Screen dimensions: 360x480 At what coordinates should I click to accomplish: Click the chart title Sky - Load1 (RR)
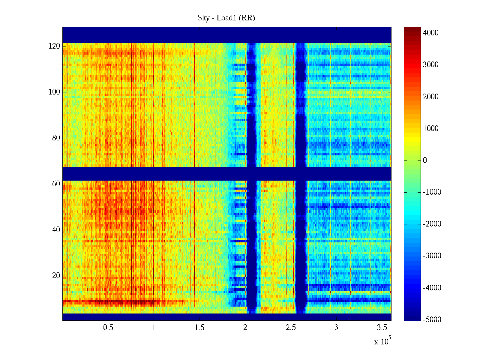pos(226,18)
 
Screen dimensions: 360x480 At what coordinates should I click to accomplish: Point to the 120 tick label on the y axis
pos(54,46)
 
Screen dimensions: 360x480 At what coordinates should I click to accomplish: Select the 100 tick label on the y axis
pos(54,92)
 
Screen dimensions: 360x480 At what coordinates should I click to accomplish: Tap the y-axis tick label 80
pos(56,138)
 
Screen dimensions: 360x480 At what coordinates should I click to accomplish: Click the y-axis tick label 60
pos(56,184)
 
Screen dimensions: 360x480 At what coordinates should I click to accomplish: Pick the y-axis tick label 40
pos(56,230)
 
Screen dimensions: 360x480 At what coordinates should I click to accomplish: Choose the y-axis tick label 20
pos(56,276)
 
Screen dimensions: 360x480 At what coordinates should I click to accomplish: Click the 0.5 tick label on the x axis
pos(108,327)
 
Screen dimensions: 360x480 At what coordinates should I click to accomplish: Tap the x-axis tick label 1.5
pos(199,327)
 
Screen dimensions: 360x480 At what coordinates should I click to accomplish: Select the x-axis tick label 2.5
pos(291,327)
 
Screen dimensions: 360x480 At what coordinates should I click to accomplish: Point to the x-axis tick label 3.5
pos(382,327)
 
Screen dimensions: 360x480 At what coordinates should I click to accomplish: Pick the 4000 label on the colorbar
pos(431,33)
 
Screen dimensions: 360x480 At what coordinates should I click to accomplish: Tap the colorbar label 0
pos(425,160)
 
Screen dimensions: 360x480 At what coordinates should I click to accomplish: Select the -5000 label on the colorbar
pos(432,320)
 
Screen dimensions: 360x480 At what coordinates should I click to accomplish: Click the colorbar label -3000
pos(432,256)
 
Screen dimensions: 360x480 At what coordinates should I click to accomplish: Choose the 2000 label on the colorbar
pos(431,97)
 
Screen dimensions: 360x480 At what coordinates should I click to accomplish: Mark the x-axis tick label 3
pos(336,327)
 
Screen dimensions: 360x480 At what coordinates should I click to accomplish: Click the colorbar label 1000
pos(431,129)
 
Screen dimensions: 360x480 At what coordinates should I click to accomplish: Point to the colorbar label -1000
pos(432,192)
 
